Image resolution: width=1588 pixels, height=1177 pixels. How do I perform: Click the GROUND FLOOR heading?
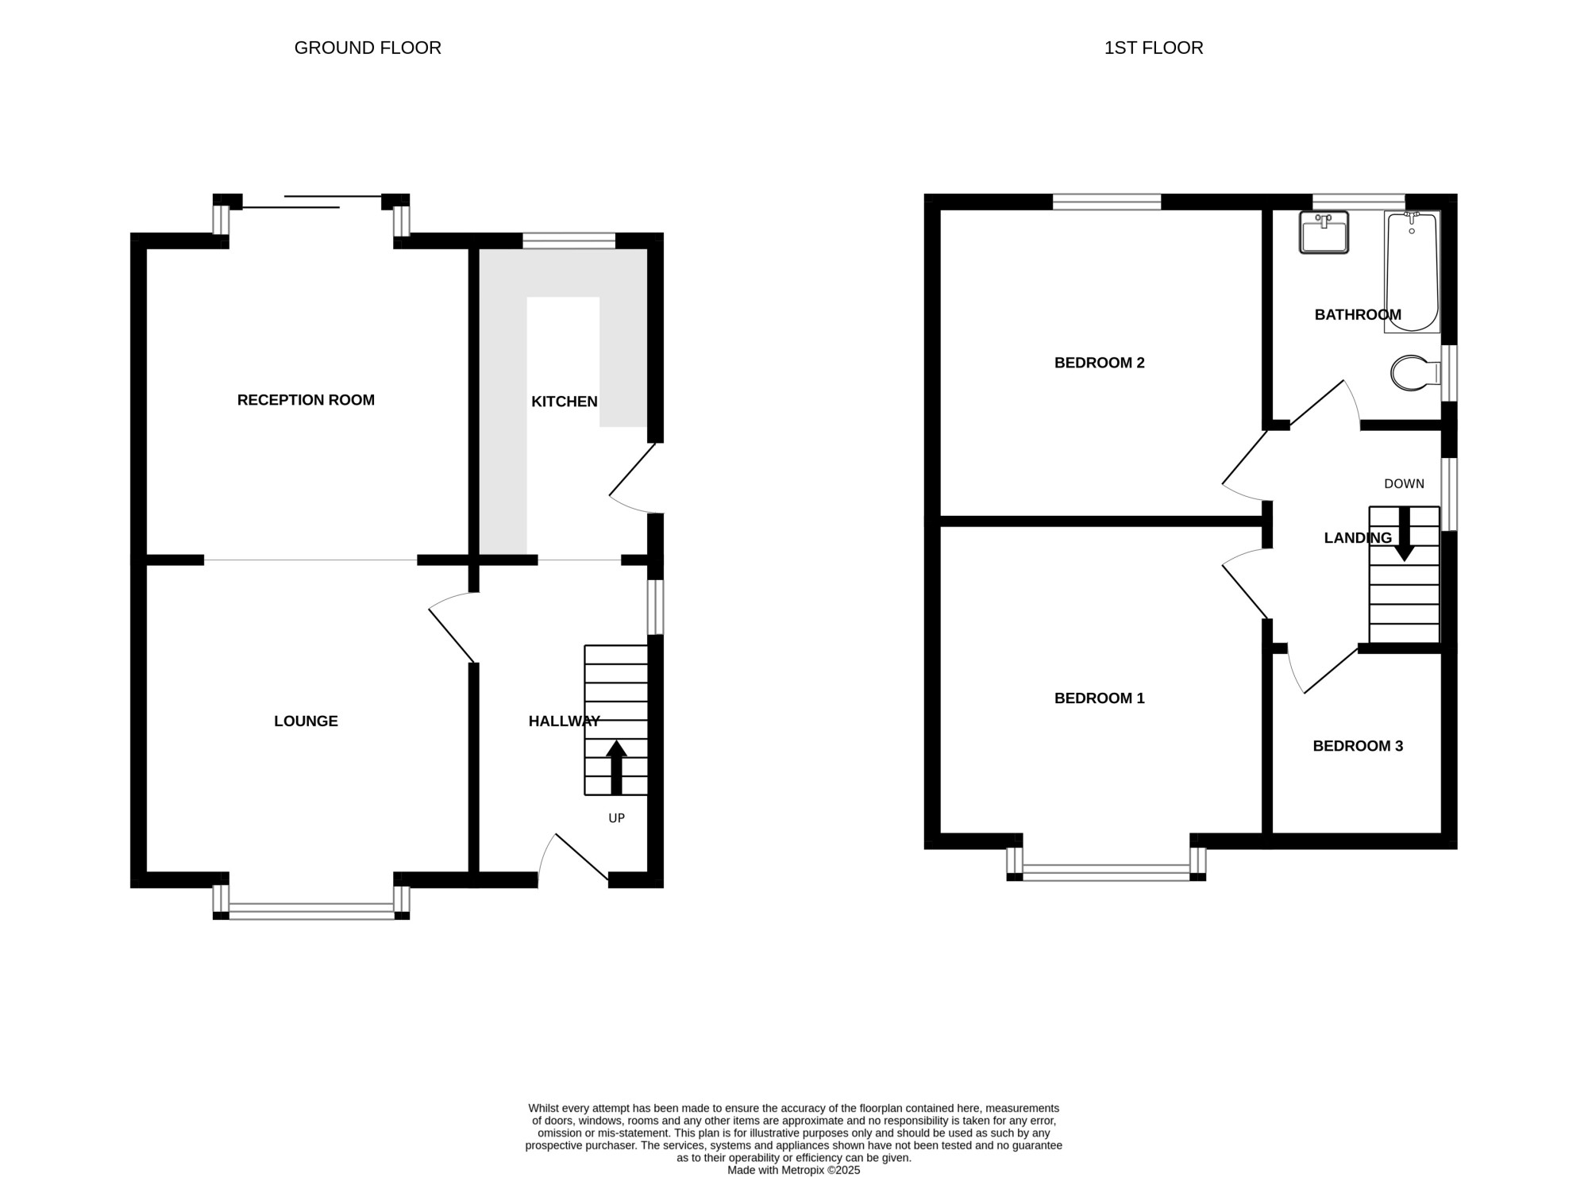coord(368,48)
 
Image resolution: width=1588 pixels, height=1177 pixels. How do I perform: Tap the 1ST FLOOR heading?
coord(1154,48)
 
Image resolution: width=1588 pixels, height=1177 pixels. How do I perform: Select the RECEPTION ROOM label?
coord(306,400)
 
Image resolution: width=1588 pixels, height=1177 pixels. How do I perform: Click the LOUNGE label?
coord(306,721)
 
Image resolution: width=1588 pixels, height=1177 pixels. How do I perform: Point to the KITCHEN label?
coord(565,402)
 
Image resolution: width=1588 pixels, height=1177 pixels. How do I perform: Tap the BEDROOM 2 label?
coord(1100,363)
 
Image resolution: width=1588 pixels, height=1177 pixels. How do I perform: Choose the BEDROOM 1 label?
coord(1100,698)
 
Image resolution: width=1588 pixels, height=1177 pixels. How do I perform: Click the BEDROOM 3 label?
coord(1358,746)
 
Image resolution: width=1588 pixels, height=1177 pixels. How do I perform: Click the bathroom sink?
coord(1324,232)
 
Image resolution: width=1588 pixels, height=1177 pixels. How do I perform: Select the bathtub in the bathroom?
coord(1412,271)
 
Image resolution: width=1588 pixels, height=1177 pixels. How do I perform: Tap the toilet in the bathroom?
coord(1416,373)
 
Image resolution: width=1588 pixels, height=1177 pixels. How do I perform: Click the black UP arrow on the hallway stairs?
coord(616,767)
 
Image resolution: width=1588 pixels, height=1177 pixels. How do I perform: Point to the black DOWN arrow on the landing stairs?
coord(1405,534)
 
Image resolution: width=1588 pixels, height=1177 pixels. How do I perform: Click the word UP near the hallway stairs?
coord(617,818)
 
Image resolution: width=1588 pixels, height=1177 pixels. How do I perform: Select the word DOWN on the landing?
coord(1405,483)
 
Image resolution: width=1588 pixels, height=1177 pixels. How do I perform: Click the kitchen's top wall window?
coord(569,240)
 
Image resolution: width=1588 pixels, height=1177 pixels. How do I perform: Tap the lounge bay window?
coord(311,902)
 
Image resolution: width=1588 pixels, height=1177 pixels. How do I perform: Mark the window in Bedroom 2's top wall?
coord(1107,202)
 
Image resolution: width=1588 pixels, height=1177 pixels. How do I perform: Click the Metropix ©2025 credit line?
coord(794,1170)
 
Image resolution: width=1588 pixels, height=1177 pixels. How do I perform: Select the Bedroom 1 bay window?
coord(1106,864)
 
